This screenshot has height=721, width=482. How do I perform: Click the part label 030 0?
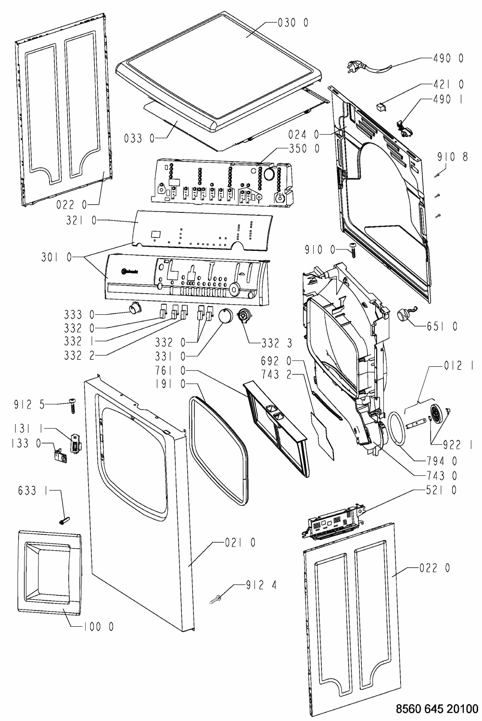(293, 23)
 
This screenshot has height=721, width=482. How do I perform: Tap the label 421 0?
(448, 84)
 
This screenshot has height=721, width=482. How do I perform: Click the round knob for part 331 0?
(225, 316)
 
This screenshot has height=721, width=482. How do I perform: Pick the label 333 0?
(79, 315)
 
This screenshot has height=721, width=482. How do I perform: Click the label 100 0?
(98, 627)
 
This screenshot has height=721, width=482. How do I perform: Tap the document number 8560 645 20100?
(436, 709)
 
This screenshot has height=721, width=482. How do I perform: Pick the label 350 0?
(304, 149)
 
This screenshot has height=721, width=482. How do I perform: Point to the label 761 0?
(170, 371)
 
